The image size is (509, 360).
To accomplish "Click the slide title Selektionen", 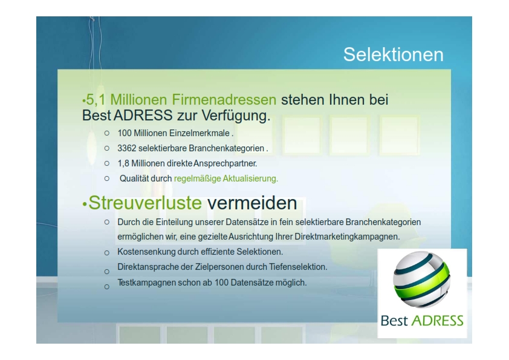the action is point(394,54).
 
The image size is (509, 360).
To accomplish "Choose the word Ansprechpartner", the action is point(225,163).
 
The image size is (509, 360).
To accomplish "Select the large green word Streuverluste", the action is point(145,203).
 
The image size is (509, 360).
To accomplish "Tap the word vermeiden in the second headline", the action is point(252,203).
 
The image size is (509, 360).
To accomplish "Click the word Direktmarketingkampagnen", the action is point(347,237).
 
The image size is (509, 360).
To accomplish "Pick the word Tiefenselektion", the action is point(298,267).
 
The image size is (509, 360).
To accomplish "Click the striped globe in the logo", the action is point(422,280).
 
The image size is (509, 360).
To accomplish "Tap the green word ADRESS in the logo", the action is point(437,321).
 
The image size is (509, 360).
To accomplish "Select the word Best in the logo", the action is point(394,321).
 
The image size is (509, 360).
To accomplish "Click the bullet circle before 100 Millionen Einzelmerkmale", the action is point(107,133).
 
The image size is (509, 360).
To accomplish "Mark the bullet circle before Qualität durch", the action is point(107,178).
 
